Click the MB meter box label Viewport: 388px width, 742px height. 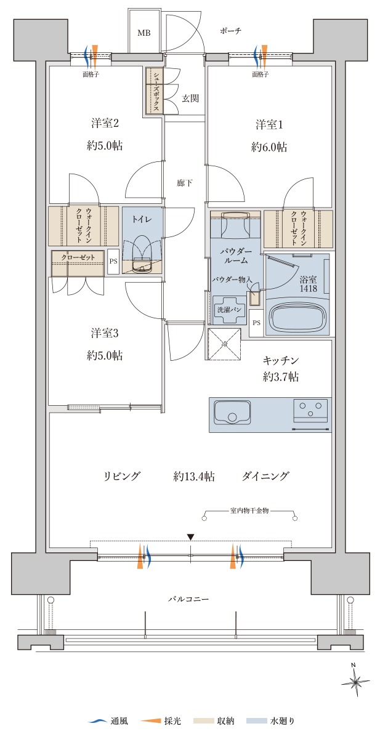point(144,33)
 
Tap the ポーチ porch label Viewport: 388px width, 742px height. point(230,31)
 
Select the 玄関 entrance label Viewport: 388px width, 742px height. point(190,99)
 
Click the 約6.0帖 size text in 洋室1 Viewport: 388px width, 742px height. point(269,147)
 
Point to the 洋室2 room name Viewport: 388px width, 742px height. point(105,124)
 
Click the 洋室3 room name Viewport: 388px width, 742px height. point(105,333)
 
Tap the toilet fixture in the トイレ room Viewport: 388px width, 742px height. point(142,254)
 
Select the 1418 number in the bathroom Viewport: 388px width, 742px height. point(308,289)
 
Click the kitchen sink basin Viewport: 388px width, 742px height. point(232,412)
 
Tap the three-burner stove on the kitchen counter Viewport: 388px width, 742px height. point(310,411)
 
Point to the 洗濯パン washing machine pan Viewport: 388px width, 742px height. point(229,310)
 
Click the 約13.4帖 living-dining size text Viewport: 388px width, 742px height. point(194,477)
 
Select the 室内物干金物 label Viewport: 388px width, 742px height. point(249,510)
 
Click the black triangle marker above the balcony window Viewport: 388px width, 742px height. point(190,536)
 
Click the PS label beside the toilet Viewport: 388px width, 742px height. point(113,261)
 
